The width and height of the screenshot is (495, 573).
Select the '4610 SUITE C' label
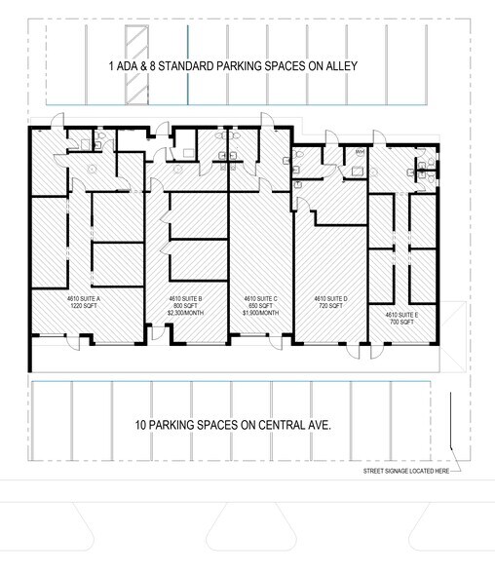(260, 299)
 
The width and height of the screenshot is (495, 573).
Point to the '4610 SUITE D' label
(330, 299)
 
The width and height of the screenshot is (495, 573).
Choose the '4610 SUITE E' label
(401, 314)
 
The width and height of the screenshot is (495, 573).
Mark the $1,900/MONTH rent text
(260, 313)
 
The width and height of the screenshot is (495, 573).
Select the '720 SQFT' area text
(330, 306)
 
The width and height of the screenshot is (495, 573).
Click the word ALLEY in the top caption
(341, 67)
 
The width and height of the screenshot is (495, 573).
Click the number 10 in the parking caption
(139, 426)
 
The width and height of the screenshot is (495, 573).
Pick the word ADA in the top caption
(129, 67)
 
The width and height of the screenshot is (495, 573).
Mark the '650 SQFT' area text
(260, 306)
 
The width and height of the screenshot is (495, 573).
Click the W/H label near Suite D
(359, 153)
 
